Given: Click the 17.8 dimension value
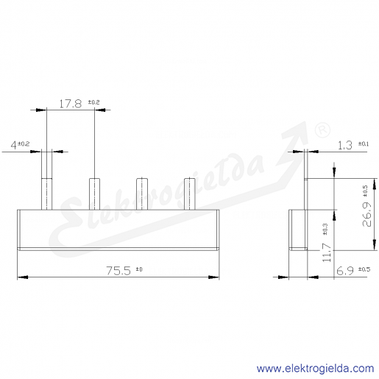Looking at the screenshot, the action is [x=71, y=104].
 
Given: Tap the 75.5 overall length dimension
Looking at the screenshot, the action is [x=118, y=271].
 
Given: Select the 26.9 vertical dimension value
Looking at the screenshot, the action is [x=367, y=214].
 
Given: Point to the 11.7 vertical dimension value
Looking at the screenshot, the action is [x=327, y=252].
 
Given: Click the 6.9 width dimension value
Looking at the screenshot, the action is [x=345, y=272].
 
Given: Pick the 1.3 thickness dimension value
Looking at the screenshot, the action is [x=345, y=146].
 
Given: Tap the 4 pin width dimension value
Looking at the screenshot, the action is [x=13, y=145].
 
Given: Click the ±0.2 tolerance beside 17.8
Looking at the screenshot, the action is [x=94, y=102].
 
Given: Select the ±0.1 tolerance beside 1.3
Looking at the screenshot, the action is [x=364, y=144].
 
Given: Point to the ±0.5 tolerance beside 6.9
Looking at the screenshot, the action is [x=364, y=269].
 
